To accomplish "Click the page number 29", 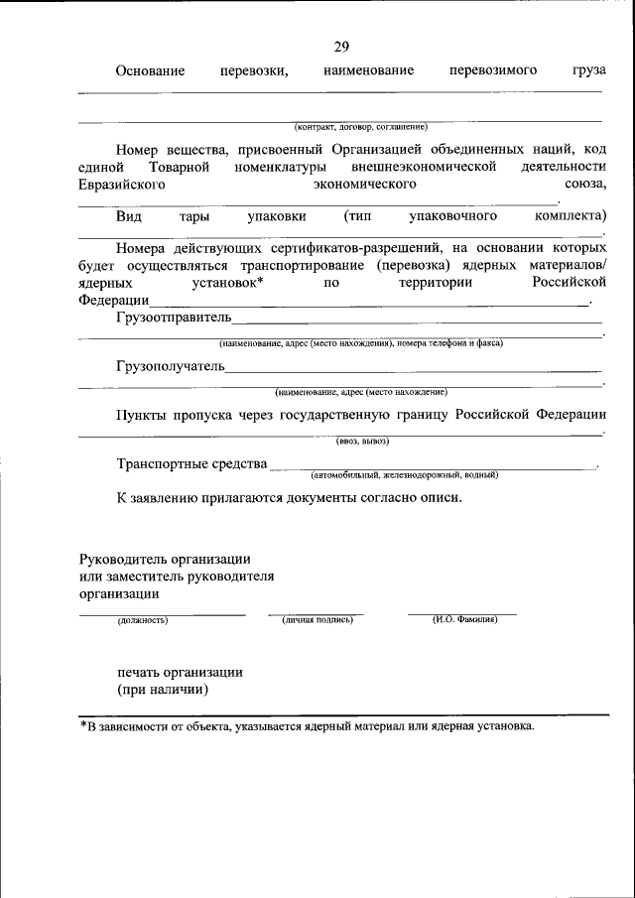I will pyautogui.click(x=341, y=47).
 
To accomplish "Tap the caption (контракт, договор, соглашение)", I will pyautogui.click(x=360, y=127).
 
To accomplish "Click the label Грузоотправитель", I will pyautogui.click(x=173, y=318).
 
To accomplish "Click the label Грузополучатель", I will pyautogui.click(x=170, y=368).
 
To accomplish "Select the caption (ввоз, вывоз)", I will pyautogui.click(x=362, y=441).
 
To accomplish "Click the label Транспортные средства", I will pyautogui.click(x=191, y=463).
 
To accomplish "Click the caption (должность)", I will pyautogui.click(x=143, y=620).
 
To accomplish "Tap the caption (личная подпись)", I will pyautogui.click(x=317, y=620).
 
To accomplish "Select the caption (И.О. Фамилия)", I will pyautogui.click(x=464, y=620).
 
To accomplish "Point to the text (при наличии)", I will pyautogui.click(x=163, y=690).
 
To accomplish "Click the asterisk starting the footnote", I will pyautogui.click(x=84, y=725).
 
